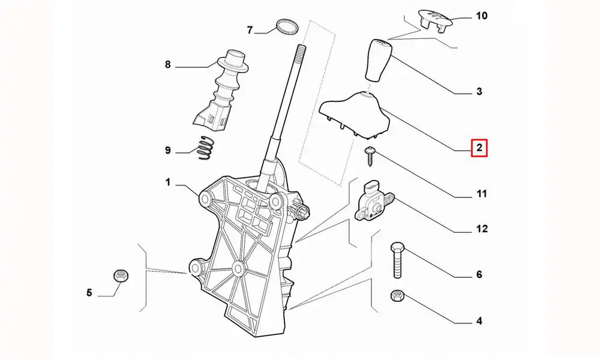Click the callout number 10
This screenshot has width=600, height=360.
482,16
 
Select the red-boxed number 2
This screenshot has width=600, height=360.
479,147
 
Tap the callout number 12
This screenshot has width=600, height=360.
482,229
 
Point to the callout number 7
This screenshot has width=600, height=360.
250,30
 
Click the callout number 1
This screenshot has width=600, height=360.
169,181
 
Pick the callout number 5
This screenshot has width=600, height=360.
89,293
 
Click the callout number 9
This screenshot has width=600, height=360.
169,150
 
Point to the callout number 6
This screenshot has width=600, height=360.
479,275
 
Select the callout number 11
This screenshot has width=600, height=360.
482,194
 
